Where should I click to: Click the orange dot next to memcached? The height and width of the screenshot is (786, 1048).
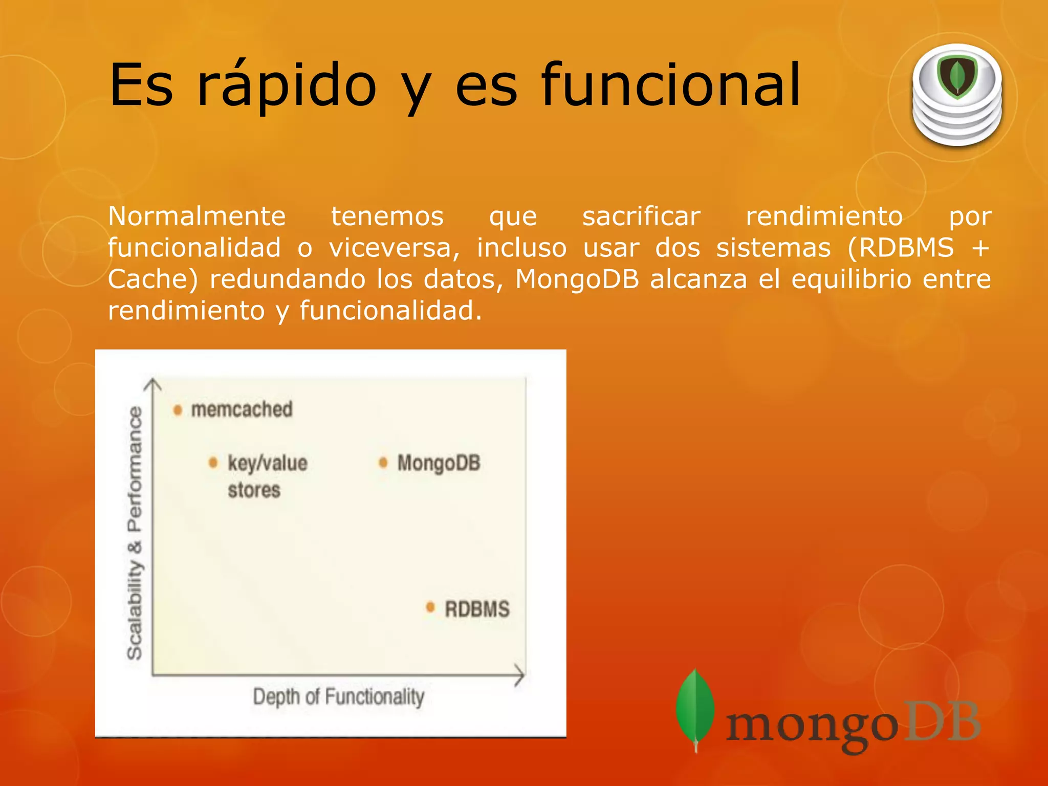[x=178, y=410]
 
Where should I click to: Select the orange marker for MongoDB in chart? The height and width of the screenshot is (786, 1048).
[x=383, y=463]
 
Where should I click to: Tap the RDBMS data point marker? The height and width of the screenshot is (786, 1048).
[x=430, y=607]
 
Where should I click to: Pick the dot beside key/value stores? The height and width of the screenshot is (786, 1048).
[x=213, y=463]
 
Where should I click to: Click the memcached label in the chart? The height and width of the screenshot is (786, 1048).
[x=242, y=409]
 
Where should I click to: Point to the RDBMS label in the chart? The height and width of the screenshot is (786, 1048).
[x=477, y=609]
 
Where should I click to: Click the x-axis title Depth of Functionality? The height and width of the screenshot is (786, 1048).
[x=339, y=697]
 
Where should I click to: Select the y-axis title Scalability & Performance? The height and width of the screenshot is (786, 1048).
[x=135, y=532]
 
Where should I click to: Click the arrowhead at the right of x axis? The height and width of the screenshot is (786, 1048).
[x=520, y=675]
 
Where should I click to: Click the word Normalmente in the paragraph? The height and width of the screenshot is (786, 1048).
[x=196, y=216]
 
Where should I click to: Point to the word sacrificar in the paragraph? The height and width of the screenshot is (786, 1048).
[x=641, y=216]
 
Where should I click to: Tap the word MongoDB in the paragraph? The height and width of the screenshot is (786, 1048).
[x=577, y=279]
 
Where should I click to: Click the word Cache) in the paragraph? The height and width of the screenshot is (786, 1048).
[x=152, y=279]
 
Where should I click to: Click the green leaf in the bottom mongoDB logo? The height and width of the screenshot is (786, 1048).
[x=695, y=706]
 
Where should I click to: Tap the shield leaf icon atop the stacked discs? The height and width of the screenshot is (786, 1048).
[x=957, y=77]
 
